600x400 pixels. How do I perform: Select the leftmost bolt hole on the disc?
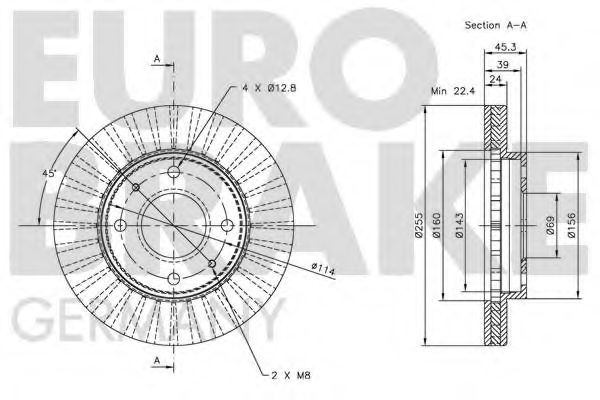(119, 225)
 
